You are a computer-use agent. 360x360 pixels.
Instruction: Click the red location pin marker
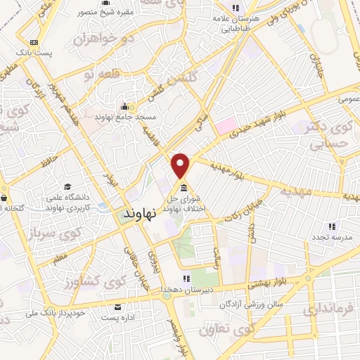181,165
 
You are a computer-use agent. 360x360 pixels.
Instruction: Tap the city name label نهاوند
143,212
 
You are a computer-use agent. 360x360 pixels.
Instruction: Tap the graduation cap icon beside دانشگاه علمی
67,187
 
